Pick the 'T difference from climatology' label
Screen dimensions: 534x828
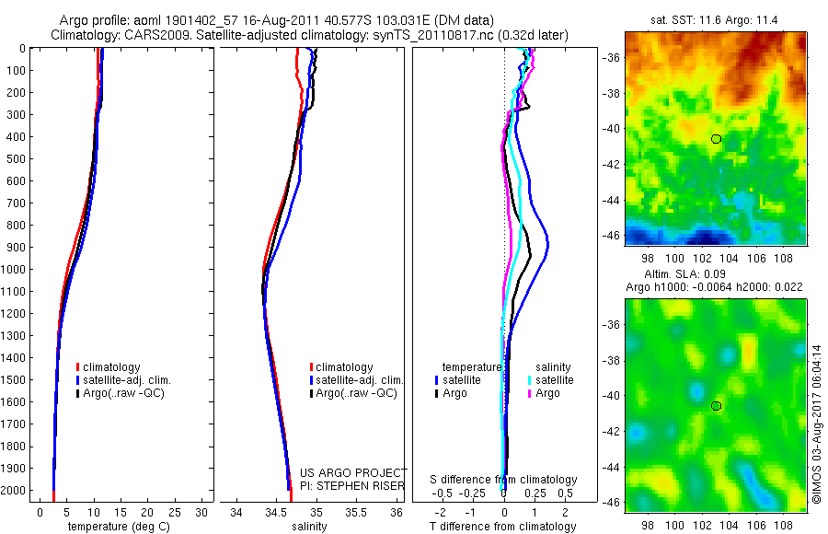[504, 527]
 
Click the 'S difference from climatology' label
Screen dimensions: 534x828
[504, 480]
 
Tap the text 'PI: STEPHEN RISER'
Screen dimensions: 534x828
[354, 484]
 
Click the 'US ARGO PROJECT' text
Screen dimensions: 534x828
[354, 472]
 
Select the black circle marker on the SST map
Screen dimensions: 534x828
[717, 139]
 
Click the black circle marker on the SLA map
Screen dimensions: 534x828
[717, 406]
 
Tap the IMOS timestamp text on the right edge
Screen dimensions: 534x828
[816, 424]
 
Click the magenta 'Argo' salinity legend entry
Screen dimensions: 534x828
[547, 393]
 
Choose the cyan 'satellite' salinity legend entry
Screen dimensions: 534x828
[555, 379]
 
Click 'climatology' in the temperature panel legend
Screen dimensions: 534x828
[112, 366]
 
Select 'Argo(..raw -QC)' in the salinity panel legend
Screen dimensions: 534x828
[356, 393]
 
